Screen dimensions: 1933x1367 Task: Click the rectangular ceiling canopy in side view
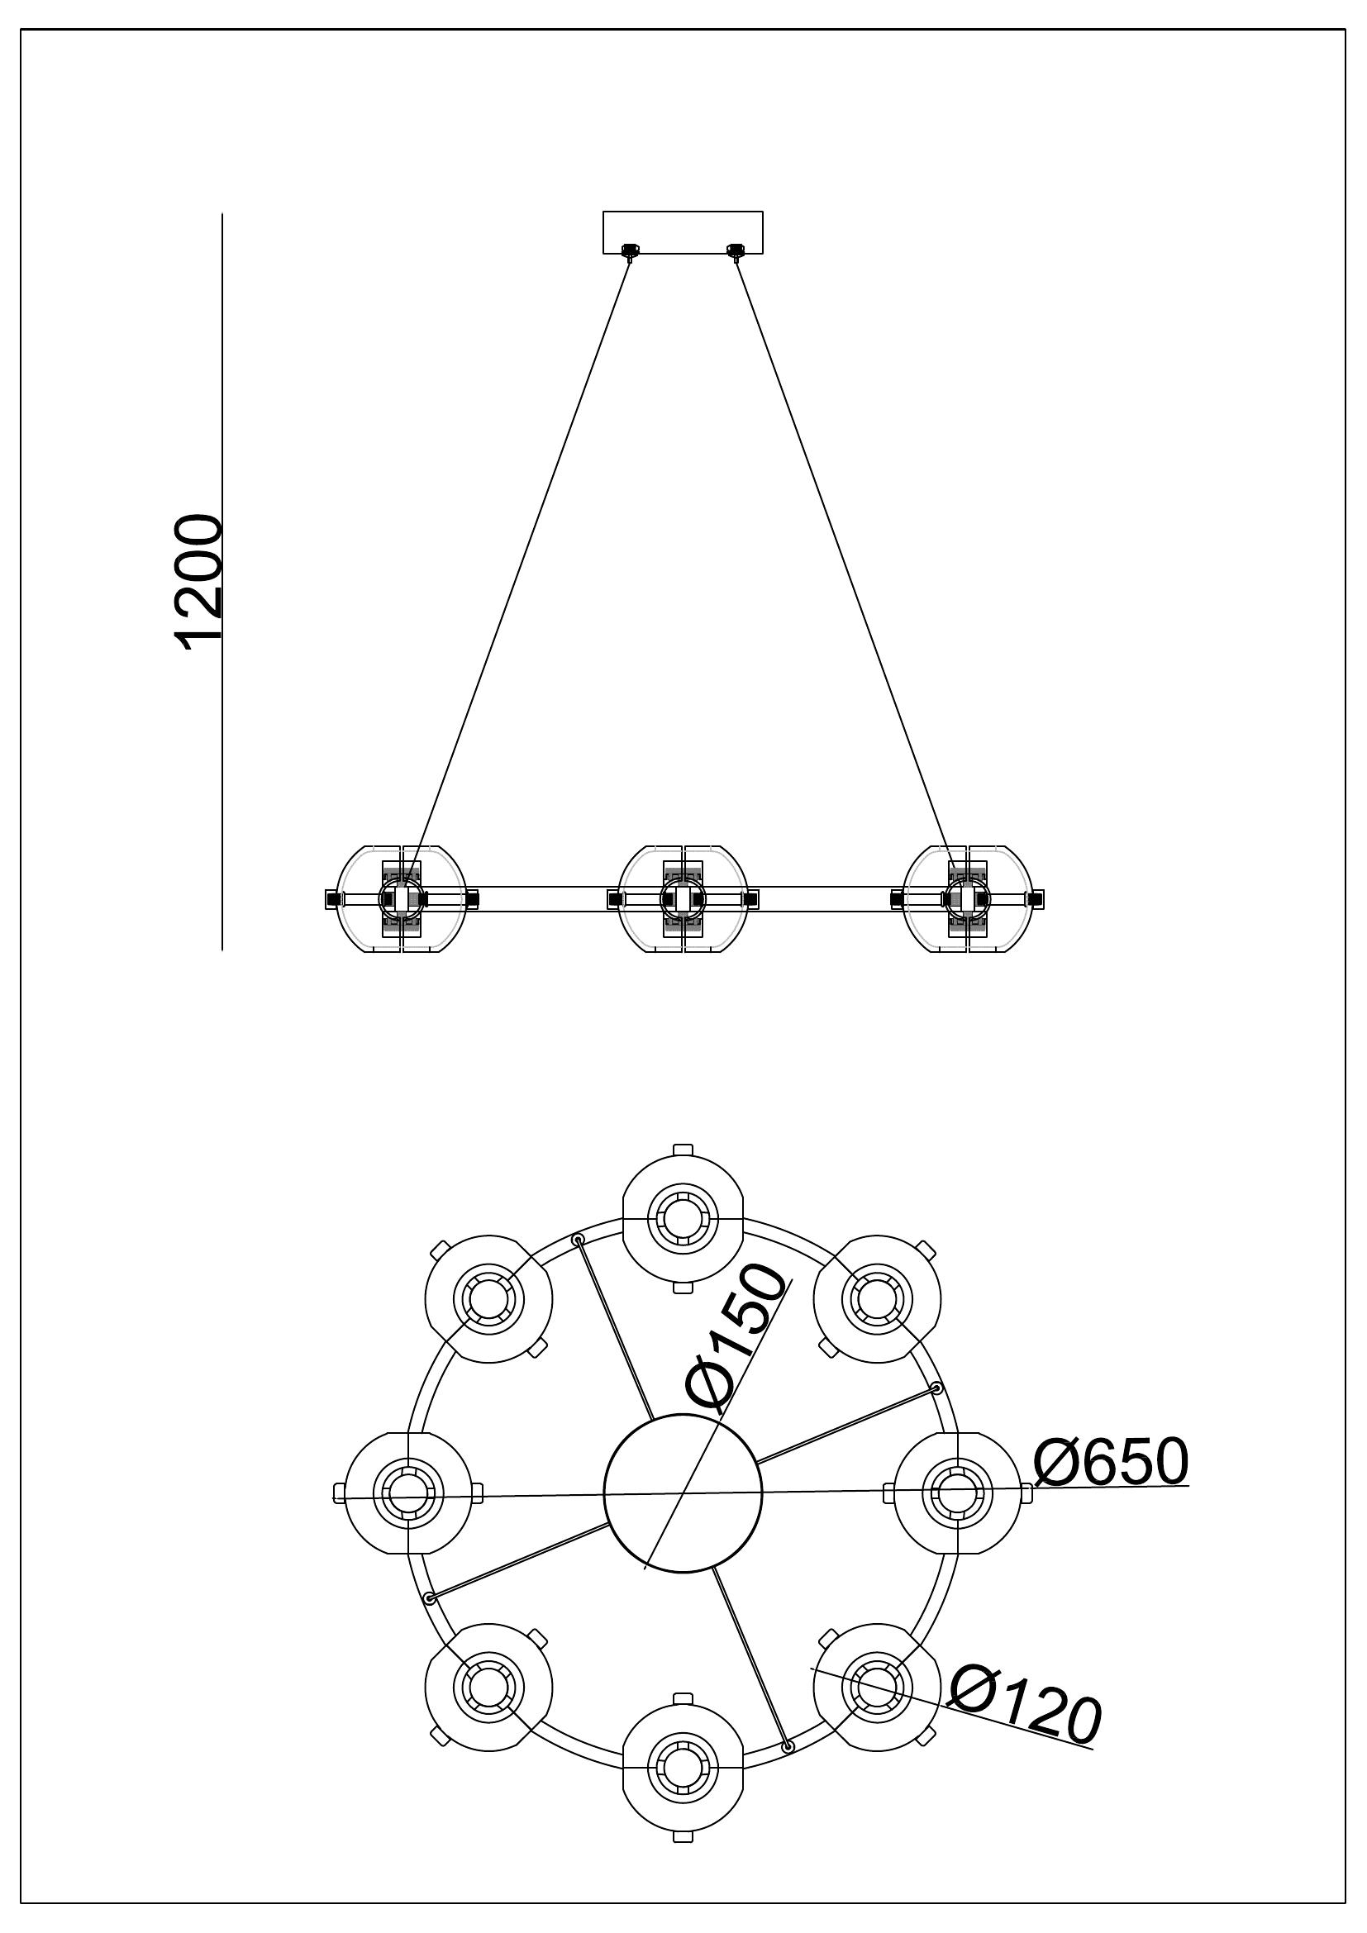(x=683, y=231)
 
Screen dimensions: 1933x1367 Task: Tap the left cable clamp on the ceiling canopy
(x=629, y=250)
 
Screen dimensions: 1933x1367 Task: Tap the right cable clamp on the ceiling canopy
(x=736, y=250)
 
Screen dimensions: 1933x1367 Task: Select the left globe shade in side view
(x=401, y=898)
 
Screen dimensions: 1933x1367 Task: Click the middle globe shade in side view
(x=683, y=898)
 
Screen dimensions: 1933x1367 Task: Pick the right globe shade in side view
(x=967, y=898)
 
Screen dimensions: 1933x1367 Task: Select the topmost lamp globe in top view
(x=683, y=1218)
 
